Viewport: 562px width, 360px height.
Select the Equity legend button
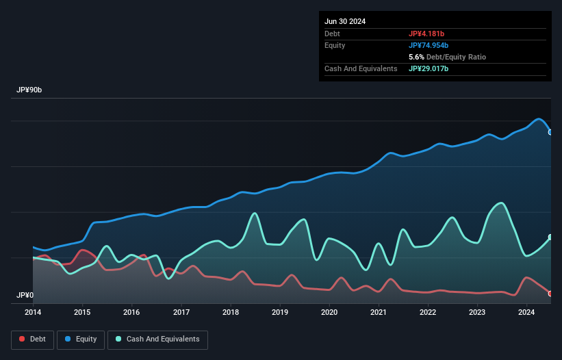click(x=81, y=339)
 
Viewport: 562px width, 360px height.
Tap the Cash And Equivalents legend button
click(x=157, y=339)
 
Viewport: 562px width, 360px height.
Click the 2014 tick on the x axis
click(x=33, y=312)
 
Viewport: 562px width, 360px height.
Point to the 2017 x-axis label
click(x=181, y=312)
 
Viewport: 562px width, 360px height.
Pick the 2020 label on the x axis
click(x=329, y=312)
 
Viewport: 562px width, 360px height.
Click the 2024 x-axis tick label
click(x=526, y=312)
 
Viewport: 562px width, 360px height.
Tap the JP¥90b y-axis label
click(x=31, y=90)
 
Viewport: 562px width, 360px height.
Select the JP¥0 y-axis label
click(x=25, y=296)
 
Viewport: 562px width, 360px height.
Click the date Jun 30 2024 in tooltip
click(x=345, y=21)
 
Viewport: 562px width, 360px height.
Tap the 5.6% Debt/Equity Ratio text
click(x=447, y=57)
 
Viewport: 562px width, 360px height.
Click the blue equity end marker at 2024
click(x=550, y=132)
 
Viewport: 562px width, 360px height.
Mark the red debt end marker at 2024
click(x=550, y=294)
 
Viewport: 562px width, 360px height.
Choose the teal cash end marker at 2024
click(x=550, y=237)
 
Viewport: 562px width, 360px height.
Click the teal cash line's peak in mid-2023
click(x=501, y=203)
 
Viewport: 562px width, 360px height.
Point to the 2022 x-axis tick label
click(x=428, y=312)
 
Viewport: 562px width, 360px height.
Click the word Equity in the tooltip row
click(x=335, y=45)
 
